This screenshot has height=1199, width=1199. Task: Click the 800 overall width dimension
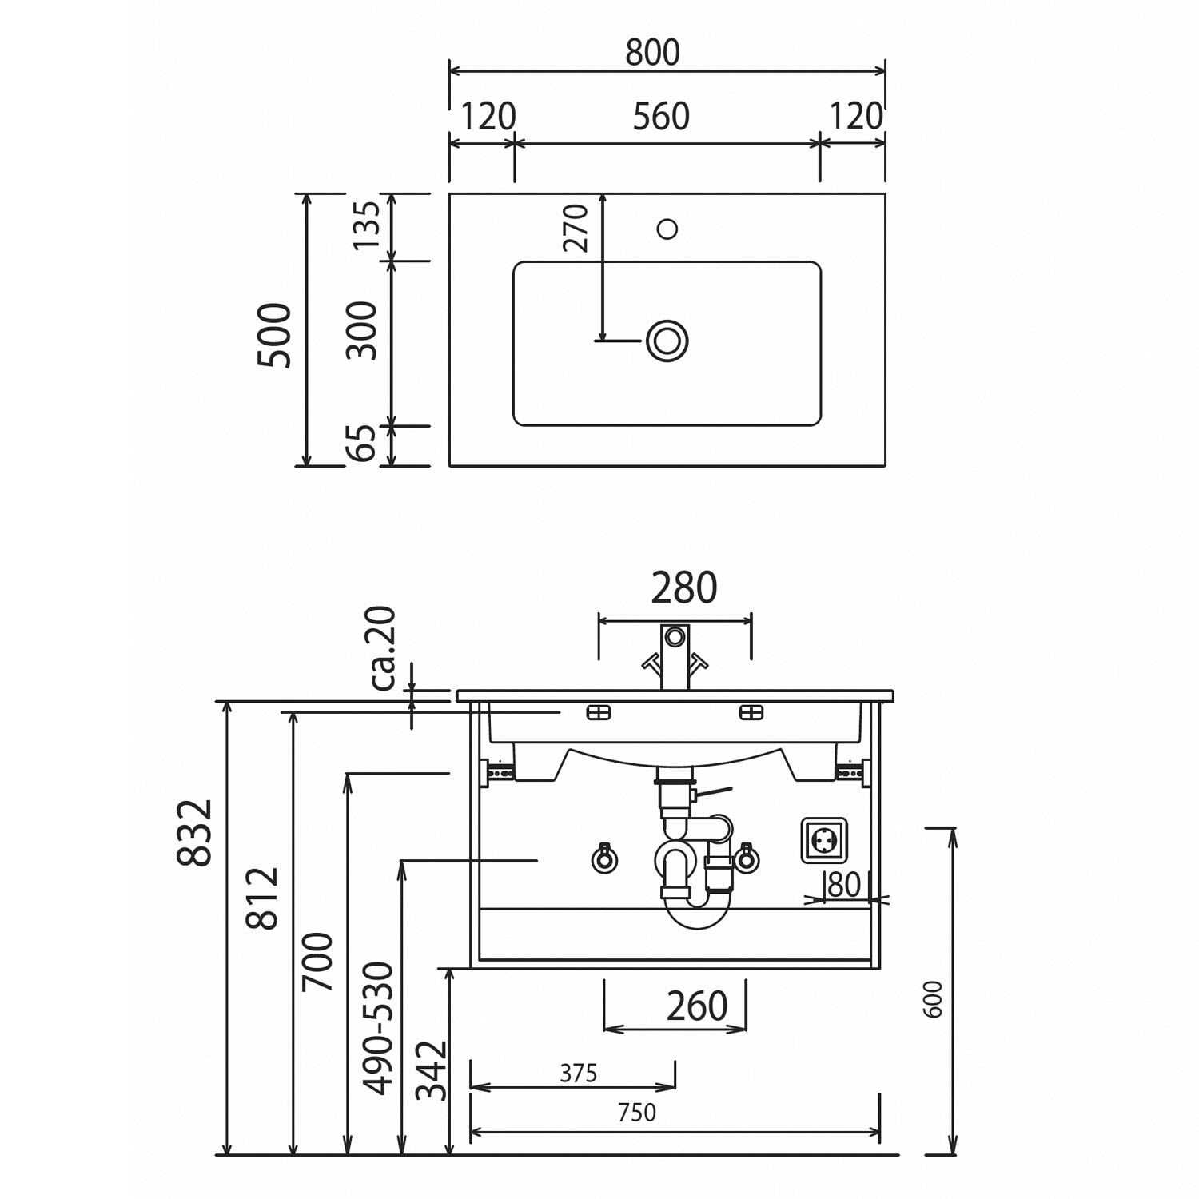[x=652, y=53]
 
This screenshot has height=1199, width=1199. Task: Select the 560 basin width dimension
[x=661, y=117]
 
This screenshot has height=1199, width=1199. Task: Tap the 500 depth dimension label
[x=275, y=335]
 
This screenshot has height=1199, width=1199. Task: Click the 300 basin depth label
[x=364, y=330]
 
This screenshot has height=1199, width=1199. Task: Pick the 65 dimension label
[x=364, y=443]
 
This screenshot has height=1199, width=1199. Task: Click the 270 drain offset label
[x=576, y=228]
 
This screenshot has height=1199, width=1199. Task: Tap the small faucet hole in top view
[x=667, y=229]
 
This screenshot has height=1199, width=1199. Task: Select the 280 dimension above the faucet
[x=684, y=588]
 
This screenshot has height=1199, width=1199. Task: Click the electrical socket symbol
[x=824, y=841]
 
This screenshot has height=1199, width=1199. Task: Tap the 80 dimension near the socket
[x=843, y=885]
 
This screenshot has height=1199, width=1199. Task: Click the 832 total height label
[x=194, y=832]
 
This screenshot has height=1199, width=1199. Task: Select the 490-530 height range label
[x=379, y=1028]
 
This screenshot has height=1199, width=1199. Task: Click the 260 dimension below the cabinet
[x=697, y=1006]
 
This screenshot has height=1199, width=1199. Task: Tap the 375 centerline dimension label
[x=578, y=1073]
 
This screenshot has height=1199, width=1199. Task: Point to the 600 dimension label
[x=933, y=999]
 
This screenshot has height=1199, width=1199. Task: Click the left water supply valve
[x=604, y=858]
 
